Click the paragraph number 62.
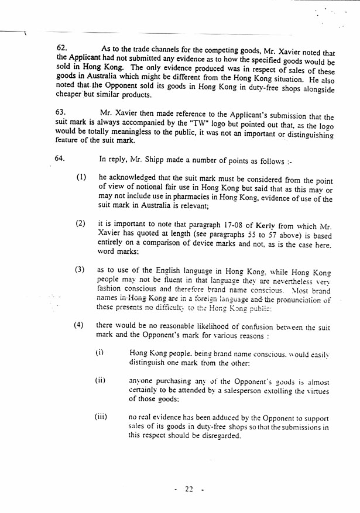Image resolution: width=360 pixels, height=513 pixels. [x=61, y=46]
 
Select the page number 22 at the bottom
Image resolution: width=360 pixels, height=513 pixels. [x=188, y=489]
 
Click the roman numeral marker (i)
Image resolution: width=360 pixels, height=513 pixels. [x=100, y=353]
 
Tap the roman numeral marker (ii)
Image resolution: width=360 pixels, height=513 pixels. [x=100, y=380]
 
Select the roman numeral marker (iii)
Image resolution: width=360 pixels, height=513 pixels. [x=102, y=417]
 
